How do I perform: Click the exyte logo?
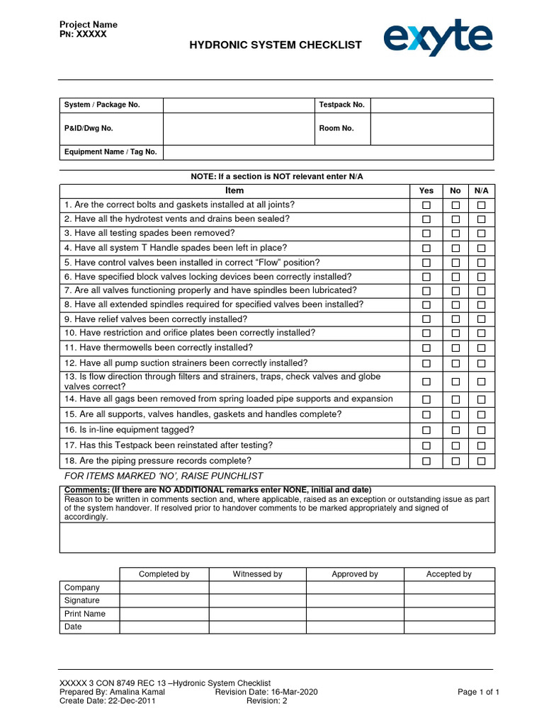[438, 38]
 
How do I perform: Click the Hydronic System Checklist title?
[275, 45]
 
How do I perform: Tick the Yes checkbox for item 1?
[426, 205]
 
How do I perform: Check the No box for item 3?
[455, 234]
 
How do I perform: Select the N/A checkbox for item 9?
[481, 320]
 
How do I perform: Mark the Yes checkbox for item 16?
[426, 430]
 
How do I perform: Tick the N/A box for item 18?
[481, 461]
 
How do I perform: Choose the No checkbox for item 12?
[455, 364]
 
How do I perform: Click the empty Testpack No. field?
[431, 105]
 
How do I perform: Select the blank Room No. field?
[431, 129]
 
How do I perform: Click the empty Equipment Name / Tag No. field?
[328, 152]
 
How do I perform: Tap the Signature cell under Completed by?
[164, 600]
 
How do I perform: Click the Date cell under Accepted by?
[449, 627]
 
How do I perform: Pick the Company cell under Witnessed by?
[257, 588]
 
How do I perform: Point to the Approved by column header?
[355, 574]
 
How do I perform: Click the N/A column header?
[481, 190]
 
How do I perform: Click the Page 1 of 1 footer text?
[479, 692]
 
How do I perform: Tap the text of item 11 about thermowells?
[158, 348]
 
